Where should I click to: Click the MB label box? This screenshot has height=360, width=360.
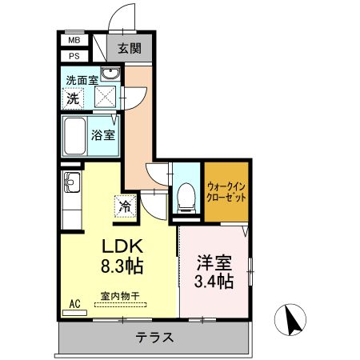[74, 40]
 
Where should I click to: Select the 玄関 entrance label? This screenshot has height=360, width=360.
[130, 47]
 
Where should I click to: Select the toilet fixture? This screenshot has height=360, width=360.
[185, 195]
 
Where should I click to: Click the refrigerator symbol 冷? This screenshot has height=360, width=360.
[126, 206]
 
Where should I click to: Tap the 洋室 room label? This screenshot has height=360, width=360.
[214, 262]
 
